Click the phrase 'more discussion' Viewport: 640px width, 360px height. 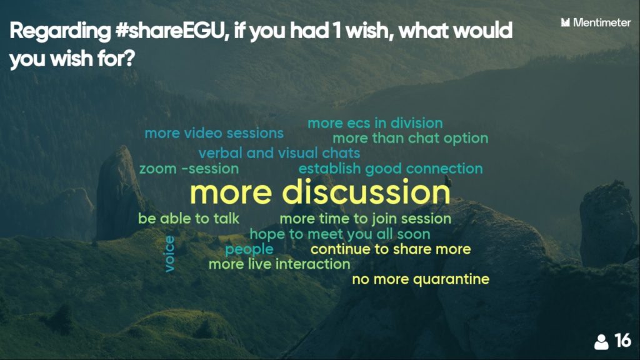pos(320,192)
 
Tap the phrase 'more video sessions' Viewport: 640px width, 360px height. pos(214,133)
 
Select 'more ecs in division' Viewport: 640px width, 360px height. pos(375,123)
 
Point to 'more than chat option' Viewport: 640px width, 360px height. pos(410,139)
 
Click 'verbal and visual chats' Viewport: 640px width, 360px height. pos(279,153)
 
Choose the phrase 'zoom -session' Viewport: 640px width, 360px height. pos(189,169)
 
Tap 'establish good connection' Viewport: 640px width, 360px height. pos(391,169)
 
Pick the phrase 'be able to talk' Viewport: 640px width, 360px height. pos(189,218)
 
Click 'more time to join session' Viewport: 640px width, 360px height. pos(365,219)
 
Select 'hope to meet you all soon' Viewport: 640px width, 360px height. pos(340,234)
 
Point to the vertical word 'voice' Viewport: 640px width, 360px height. pos(169,254)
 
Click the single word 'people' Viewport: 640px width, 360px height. pos(249,249)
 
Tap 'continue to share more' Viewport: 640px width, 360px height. pos(391,249)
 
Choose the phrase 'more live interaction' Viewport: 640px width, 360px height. pos(279,264)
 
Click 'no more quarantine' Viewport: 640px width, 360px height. pos(421,279)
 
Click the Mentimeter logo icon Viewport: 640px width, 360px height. pos(565,22)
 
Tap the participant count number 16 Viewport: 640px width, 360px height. pos(622,341)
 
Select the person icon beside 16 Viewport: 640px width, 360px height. pos(601,342)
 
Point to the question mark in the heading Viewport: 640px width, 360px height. pos(129,58)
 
